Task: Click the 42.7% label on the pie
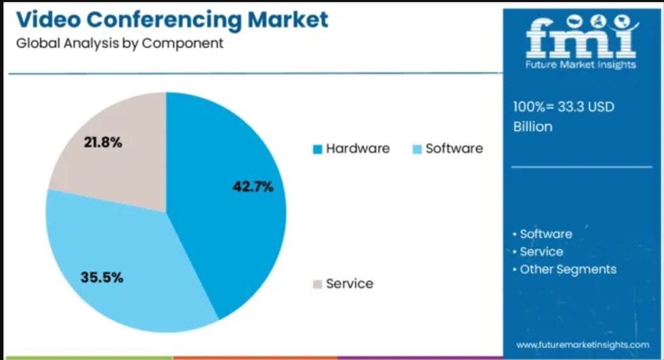tap(253, 187)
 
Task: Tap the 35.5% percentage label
tap(102, 277)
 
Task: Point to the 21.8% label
tap(102, 142)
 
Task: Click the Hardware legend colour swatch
tap(316, 149)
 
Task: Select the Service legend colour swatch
tap(316, 284)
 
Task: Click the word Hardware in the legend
tap(358, 148)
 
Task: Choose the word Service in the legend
tap(350, 283)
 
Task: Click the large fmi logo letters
tap(581, 37)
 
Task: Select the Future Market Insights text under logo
tap(581, 64)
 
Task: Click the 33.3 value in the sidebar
tap(571, 107)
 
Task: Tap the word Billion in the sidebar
tap(533, 127)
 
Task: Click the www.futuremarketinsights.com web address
tap(582, 345)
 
